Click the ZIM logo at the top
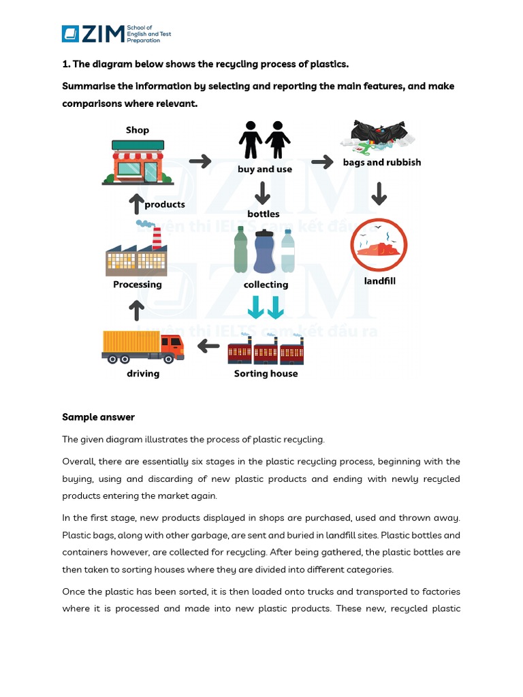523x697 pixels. click(x=93, y=34)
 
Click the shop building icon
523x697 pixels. click(x=138, y=161)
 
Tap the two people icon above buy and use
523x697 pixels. click(x=264, y=140)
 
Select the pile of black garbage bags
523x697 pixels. click(x=378, y=135)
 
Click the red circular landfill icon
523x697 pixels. click(x=378, y=244)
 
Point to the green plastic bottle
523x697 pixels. click(x=240, y=250)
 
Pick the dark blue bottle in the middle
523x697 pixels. click(x=264, y=251)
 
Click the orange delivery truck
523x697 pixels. click(x=142, y=346)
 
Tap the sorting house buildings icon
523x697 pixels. click(x=266, y=350)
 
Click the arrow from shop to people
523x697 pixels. click(x=200, y=161)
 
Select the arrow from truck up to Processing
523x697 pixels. click(x=137, y=311)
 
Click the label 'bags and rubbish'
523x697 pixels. click(x=381, y=162)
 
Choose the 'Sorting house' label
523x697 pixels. click(x=266, y=374)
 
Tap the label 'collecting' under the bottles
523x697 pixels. click(x=266, y=285)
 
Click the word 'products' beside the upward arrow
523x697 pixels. click(x=165, y=204)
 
